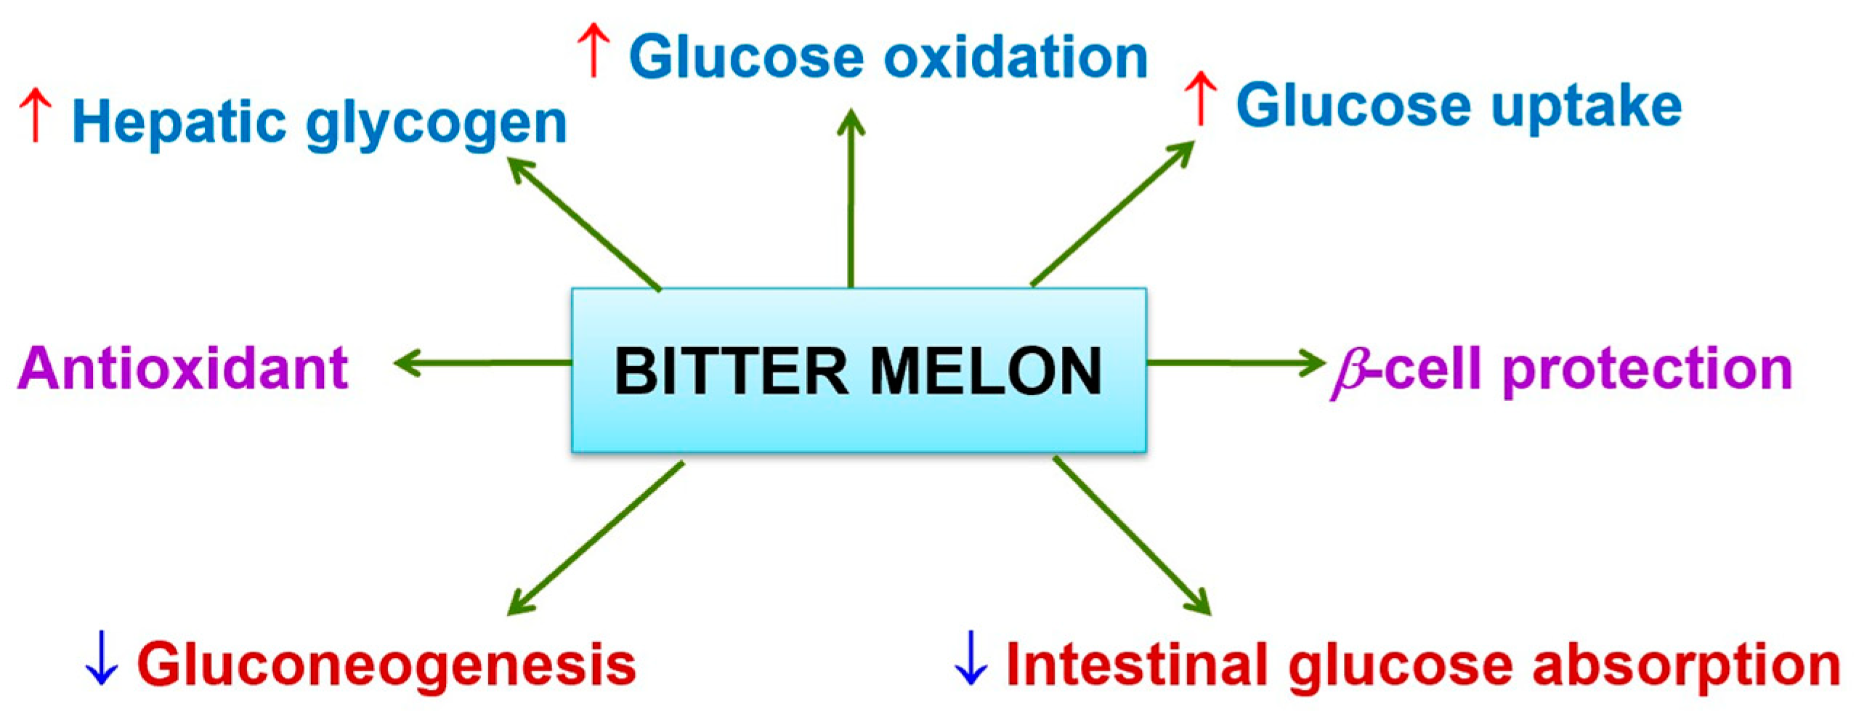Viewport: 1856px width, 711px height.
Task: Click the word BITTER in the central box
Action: pyautogui.click(x=731, y=371)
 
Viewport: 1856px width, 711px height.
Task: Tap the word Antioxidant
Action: pyautogui.click(x=183, y=369)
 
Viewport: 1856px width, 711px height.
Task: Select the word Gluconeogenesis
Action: pyautogui.click(x=386, y=665)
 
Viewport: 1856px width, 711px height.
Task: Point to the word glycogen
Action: pyautogui.click(x=436, y=125)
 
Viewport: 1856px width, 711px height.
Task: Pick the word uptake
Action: pyautogui.click(x=1586, y=107)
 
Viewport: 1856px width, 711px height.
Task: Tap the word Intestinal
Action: pyautogui.click(x=1140, y=664)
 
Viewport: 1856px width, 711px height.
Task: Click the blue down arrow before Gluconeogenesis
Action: pyautogui.click(x=101, y=659)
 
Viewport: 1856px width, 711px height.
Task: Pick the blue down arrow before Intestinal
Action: pyautogui.click(x=970, y=659)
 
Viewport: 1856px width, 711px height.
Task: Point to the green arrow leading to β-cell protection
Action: pyautogui.click(x=1235, y=362)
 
